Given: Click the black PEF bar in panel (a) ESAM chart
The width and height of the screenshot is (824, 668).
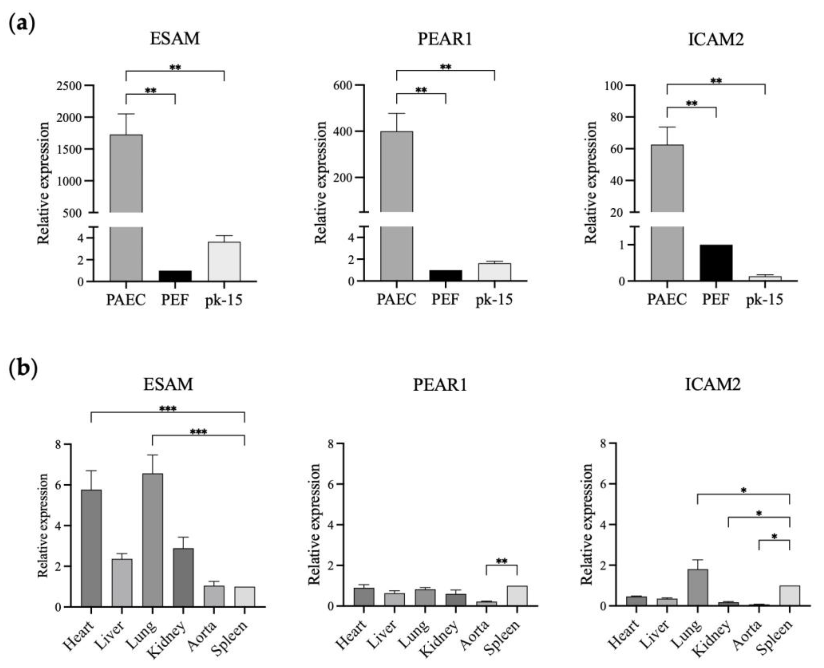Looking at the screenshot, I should pos(175,276).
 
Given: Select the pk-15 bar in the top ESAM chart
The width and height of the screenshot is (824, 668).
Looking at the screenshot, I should pos(224,262).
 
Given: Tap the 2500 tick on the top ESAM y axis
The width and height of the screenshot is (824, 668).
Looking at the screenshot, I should pos(69,85).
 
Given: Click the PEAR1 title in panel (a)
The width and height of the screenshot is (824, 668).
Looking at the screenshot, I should pos(445,39).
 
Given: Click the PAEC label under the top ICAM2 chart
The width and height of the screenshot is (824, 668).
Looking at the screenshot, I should pos(667,299).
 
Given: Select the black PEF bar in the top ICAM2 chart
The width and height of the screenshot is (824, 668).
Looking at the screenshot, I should pos(716,263).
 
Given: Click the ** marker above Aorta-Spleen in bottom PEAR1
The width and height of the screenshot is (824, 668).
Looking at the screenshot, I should pos(501,561).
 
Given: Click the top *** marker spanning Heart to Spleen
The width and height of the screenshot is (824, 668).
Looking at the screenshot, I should pos(168,409).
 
